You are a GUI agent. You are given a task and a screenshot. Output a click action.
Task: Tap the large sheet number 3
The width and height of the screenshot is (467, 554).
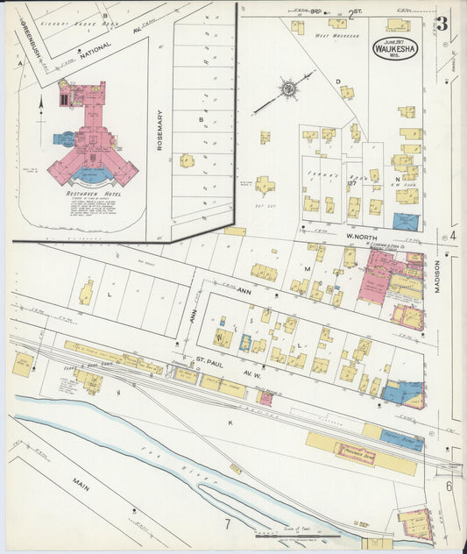tap(442, 24)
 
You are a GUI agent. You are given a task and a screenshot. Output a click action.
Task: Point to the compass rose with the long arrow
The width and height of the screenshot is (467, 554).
tap(287, 89)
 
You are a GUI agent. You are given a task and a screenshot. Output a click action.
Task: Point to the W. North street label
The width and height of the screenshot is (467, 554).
tap(359, 235)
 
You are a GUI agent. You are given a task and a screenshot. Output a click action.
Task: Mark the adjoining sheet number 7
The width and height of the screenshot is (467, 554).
tap(225, 524)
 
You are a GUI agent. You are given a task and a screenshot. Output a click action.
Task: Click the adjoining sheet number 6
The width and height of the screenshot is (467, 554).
tap(449, 486)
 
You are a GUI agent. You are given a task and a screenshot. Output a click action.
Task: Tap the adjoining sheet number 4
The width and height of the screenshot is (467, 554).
tap(453, 235)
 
